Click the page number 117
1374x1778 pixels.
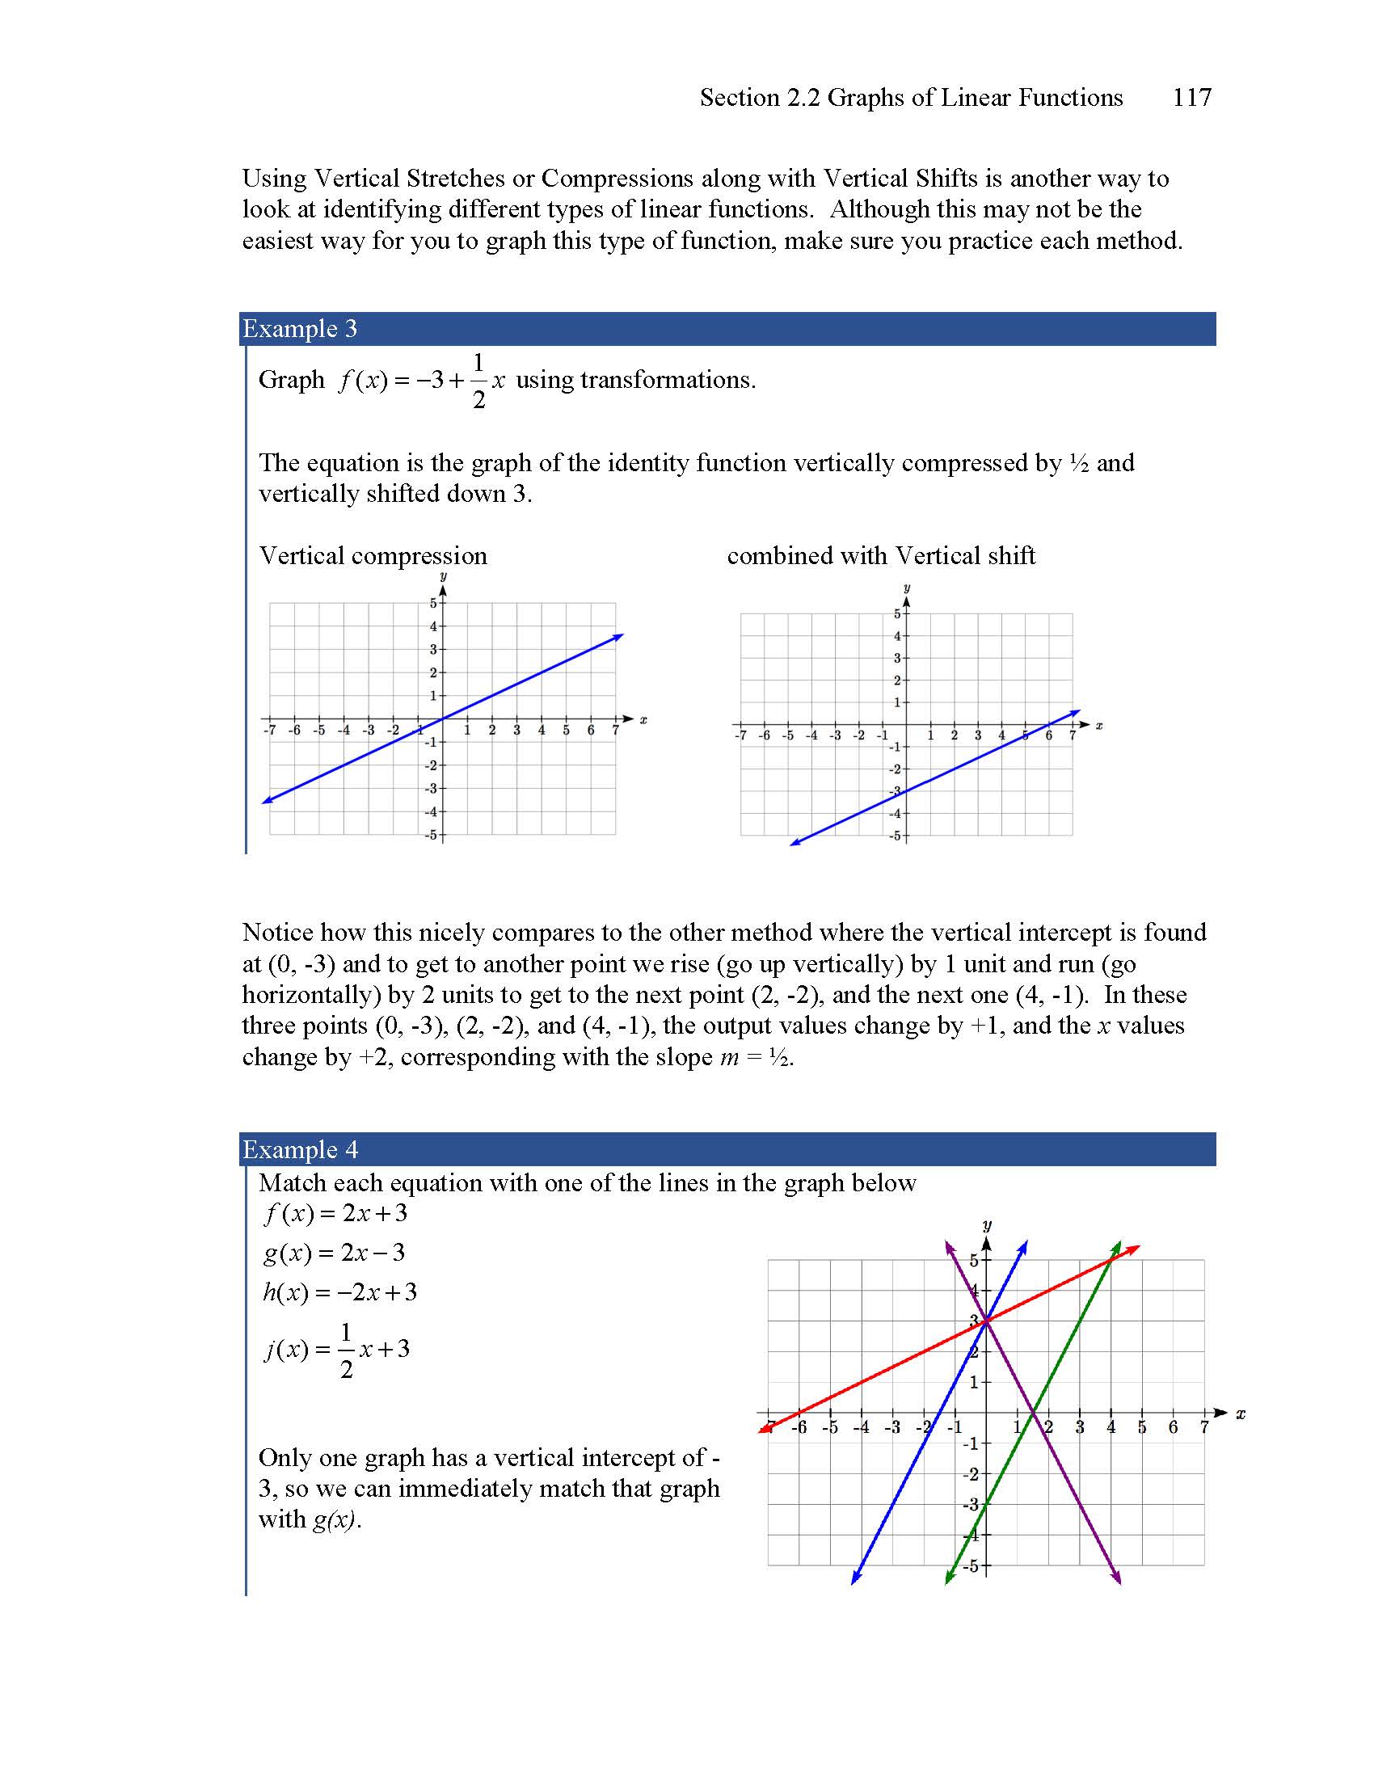coord(1191,98)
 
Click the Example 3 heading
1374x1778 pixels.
coord(300,329)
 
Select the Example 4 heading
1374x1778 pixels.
coord(300,1149)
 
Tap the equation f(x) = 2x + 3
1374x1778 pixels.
coord(335,1214)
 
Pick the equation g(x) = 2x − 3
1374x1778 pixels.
coord(334,1253)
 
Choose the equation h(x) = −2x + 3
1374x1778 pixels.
coord(339,1292)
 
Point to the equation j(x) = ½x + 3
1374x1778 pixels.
coord(337,1350)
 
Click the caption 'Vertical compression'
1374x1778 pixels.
coord(373,556)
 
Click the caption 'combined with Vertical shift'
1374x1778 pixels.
coord(881,556)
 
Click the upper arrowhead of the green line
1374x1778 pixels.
coord(1118,1245)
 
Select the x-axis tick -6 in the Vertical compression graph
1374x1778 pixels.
coord(295,731)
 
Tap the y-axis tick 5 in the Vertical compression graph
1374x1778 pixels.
coord(434,603)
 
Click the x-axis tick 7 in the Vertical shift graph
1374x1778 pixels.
coord(1072,736)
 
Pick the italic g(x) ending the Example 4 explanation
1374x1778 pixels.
coord(335,1520)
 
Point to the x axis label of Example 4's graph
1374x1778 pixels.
coord(1241,1414)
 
